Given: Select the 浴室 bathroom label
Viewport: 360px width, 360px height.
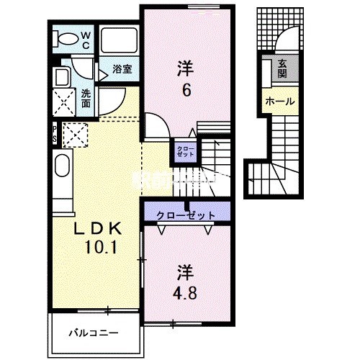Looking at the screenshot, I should point(121,70).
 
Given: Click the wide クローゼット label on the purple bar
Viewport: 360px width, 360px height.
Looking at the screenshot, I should point(185,214).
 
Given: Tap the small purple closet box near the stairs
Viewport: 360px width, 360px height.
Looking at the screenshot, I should point(180,153).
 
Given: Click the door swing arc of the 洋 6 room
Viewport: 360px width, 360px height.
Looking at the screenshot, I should point(157,127).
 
